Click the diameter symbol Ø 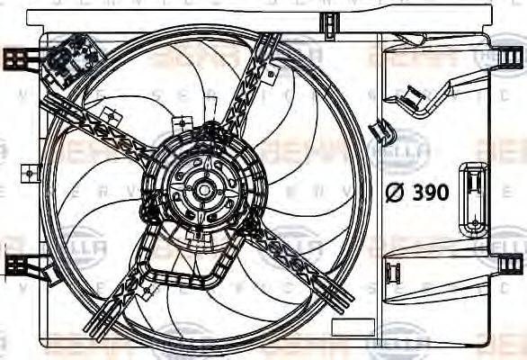394,191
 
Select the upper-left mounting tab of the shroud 15,58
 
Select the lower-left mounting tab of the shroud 15,264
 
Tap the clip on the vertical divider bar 383,131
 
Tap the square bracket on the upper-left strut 111,116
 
